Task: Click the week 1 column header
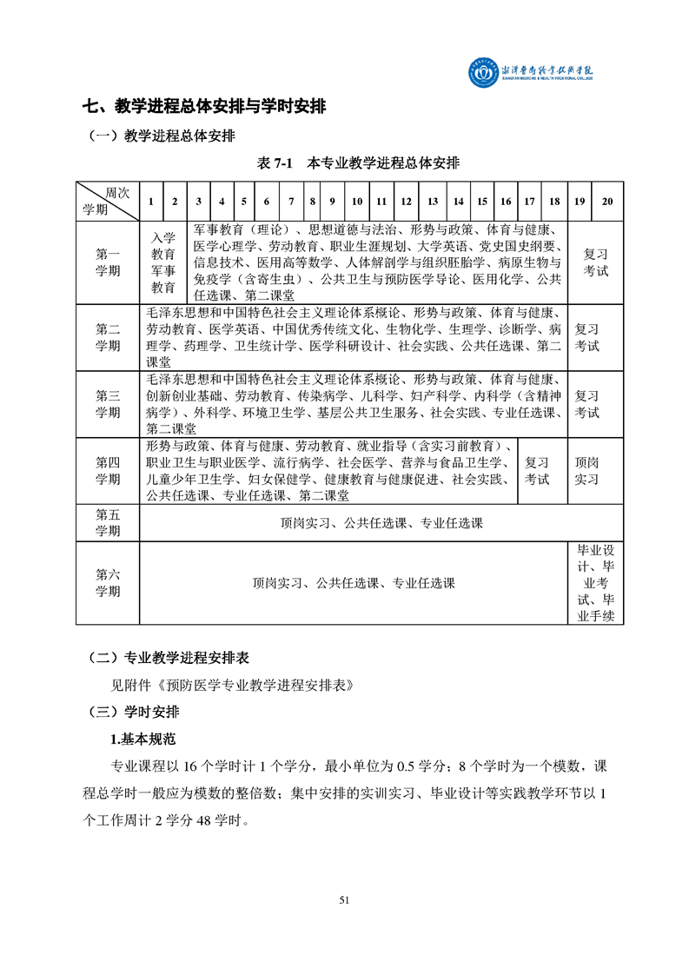click(151, 202)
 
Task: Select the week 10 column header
click(356, 202)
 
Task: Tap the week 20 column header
click(607, 202)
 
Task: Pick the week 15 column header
click(482, 202)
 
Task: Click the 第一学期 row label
click(108, 262)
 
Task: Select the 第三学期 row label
click(108, 404)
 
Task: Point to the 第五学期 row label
click(108, 523)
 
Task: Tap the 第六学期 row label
click(108, 583)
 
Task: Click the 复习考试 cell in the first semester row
click(595, 262)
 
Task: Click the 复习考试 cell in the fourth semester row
click(537, 471)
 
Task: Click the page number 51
click(344, 900)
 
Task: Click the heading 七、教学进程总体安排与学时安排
click(204, 107)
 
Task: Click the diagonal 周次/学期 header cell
click(108, 202)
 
